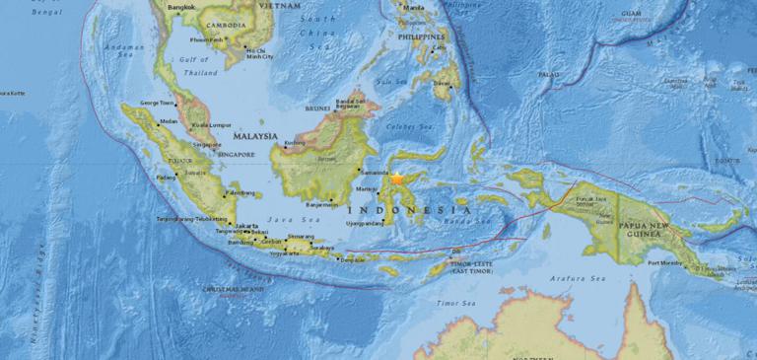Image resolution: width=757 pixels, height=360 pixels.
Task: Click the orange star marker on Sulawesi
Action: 397,179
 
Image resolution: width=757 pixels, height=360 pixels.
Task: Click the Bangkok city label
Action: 181,8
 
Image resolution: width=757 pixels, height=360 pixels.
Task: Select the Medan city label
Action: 170,122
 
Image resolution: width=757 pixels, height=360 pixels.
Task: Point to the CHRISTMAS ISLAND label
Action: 234,289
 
